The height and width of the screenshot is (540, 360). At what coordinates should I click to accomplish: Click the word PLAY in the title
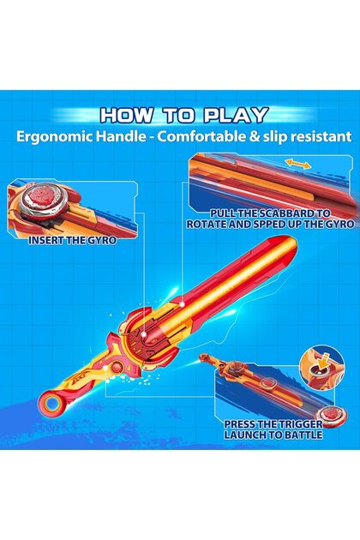click(237, 115)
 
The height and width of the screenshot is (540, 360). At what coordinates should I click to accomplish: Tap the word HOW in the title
click(126, 115)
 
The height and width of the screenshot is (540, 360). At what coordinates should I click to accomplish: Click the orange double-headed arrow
click(298, 165)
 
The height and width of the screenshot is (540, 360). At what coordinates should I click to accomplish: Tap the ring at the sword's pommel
click(52, 402)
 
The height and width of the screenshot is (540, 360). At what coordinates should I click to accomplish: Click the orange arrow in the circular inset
click(321, 363)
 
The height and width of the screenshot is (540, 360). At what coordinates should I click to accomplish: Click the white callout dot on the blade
click(183, 304)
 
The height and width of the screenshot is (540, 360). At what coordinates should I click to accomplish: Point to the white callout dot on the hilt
click(144, 333)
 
